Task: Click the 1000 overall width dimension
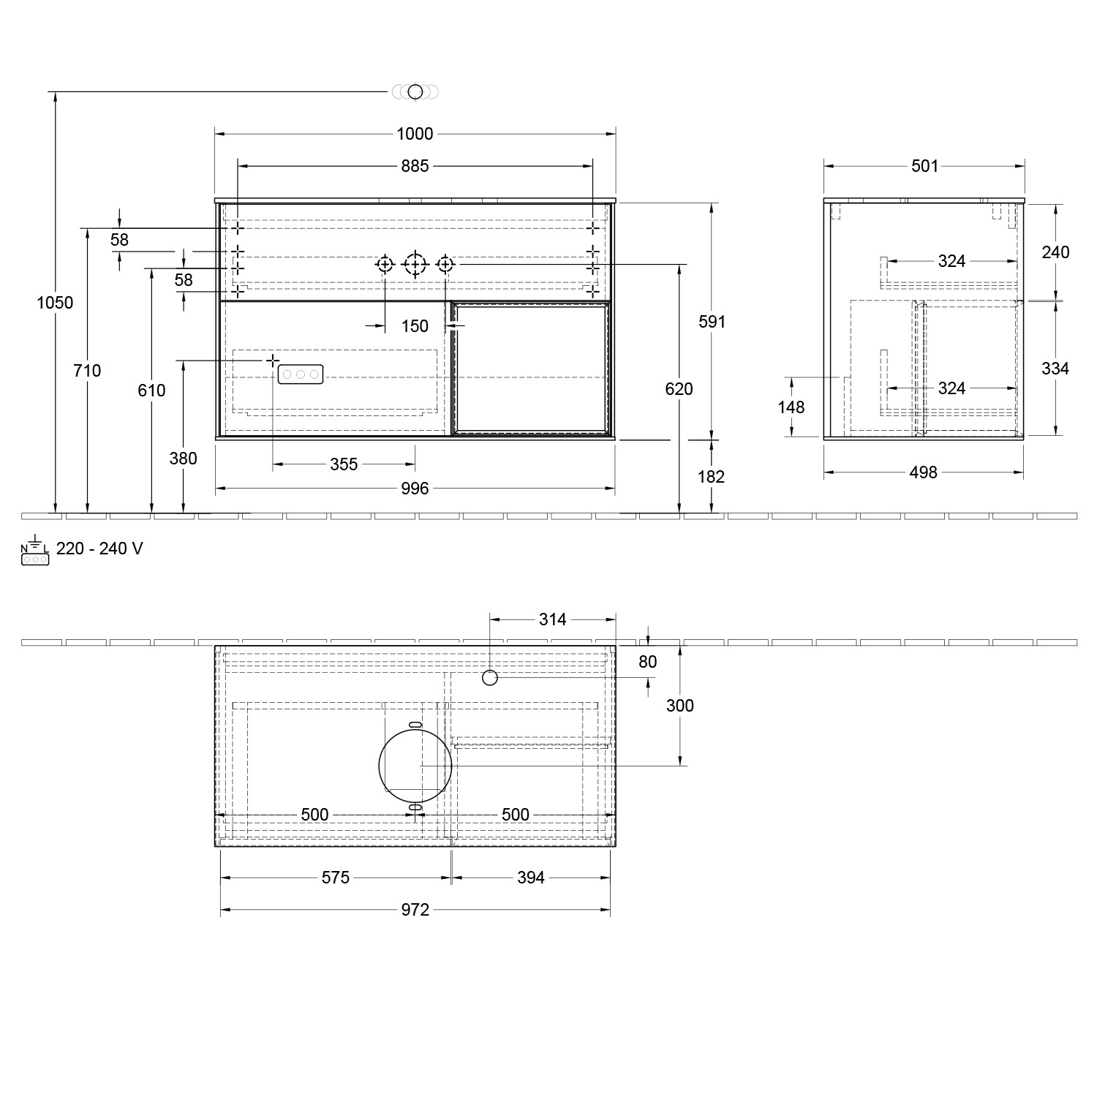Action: pyautogui.click(x=415, y=134)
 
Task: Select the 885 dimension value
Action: pyautogui.click(x=415, y=166)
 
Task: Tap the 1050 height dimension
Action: pyautogui.click(x=55, y=302)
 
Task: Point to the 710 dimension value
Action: pyautogui.click(x=87, y=371)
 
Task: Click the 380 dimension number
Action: pyautogui.click(x=183, y=459)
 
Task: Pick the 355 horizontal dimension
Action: pyautogui.click(x=344, y=464)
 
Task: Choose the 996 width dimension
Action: pyautogui.click(x=415, y=489)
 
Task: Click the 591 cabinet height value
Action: pyautogui.click(x=712, y=321)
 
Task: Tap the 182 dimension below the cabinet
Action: pyautogui.click(x=711, y=477)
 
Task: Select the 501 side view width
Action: pyautogui.click(x=924, y=166)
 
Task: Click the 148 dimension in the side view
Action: pyautogui.click(x=791, y=407)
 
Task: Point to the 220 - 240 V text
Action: pyautogui.click(x=99, y=548)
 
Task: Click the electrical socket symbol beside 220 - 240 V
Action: pyautogui.click(x=35, y=554)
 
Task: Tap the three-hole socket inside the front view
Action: pyautogui.click(x=300, y=374)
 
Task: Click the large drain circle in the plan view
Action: pyautogui.click(x=415, y=766)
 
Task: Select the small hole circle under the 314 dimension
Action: pyautogui.click(x=490, y=678)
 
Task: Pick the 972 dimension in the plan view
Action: pyautogui.click(x=415, y=909)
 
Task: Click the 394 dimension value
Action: pyautogui.click(x=530, y=877)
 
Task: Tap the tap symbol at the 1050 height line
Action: pyautogui.click(x=415, y=91)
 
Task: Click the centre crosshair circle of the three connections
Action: pyautogui.click(x=415, y=263)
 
